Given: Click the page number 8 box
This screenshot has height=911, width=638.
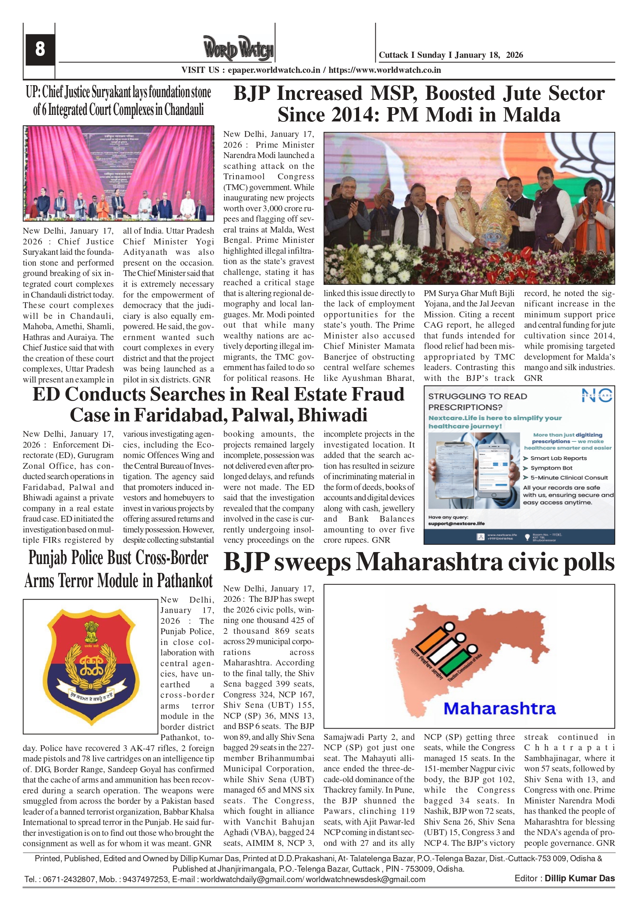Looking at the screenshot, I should (40, 49).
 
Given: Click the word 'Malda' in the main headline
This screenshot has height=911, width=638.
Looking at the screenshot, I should (532, 115).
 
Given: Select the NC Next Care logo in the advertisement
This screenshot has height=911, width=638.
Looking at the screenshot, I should (597, 396).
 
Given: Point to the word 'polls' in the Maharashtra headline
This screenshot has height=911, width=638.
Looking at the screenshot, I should (589, 562).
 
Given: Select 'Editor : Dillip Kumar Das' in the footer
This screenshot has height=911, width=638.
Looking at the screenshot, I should (564, 879).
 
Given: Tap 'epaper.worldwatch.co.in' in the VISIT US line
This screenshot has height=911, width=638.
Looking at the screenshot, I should (274, 70).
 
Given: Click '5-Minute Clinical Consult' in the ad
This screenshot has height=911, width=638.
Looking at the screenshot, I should (569, 478).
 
